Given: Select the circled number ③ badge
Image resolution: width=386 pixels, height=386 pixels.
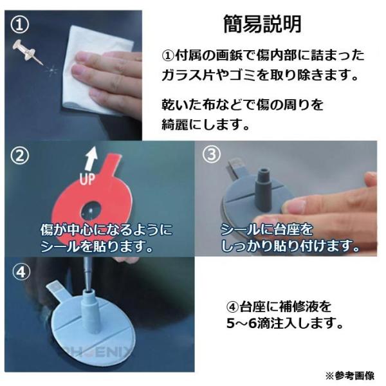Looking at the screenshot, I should click(212, 155).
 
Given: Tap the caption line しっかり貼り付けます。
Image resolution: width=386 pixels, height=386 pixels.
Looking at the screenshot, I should click(290, 245).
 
